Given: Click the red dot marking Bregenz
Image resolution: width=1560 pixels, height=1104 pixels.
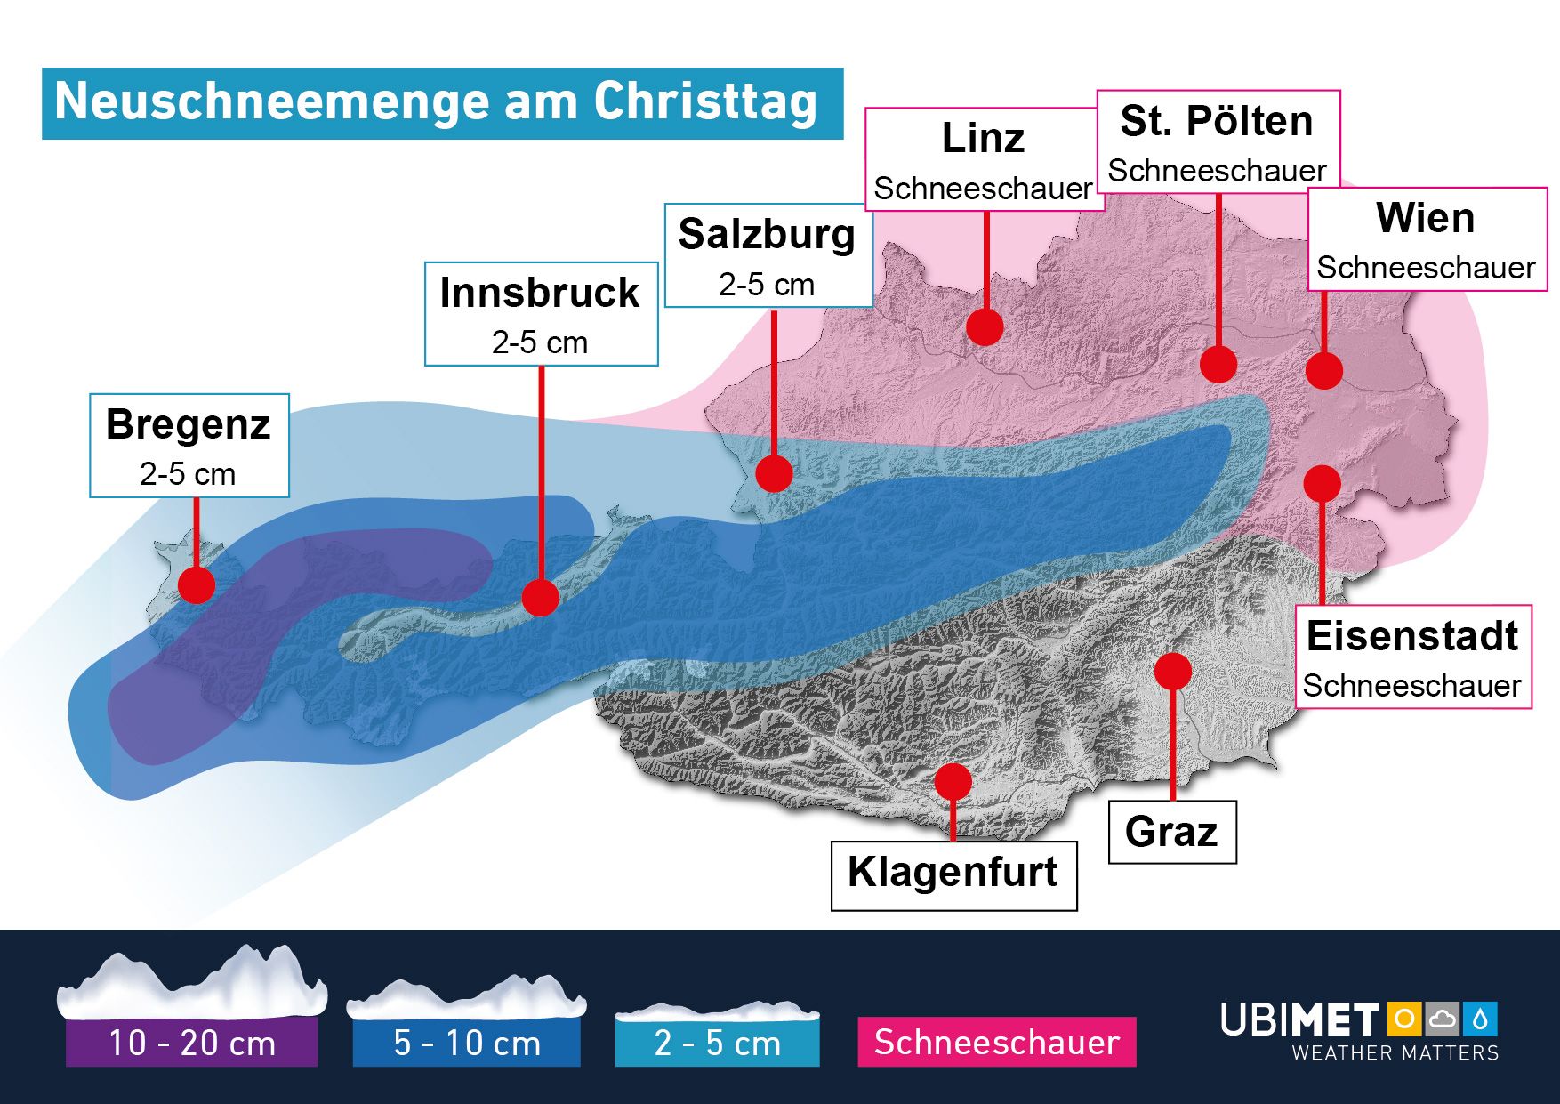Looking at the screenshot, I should pyautogui.click(x=197, y=584).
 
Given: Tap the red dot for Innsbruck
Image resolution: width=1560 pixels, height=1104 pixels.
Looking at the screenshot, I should pyautogui.click(x=540, y=597).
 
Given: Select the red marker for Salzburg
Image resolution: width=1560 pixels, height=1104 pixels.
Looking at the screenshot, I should pyautogui.click(x=774, y=473).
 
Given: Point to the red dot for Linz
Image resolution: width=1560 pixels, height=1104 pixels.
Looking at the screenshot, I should pyautogui.click(x=985, y=327).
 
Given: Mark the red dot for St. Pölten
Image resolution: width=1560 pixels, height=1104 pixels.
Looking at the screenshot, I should pyautogui.click(x=1218, y=364).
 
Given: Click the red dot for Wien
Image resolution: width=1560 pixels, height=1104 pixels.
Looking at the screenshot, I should pyautogui.click(x=1324, y=370).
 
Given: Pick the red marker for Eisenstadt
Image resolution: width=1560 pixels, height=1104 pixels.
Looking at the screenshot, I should pyautogui.click(x=1323, y=483).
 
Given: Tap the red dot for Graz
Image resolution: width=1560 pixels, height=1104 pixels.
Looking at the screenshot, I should pyautogui.click(x=1173, y=671).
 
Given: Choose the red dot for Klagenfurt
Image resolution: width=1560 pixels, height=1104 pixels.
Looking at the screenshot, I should pyautogui.click(x=953, y=781).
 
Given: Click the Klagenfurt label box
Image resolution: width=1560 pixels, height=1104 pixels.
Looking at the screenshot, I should pyautogui.click(x=953, y=875).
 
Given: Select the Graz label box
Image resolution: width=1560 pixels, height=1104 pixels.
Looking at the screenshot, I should pyautogui.click(x=1172, y=832).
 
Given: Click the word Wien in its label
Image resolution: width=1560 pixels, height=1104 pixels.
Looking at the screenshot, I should pyautogui.click(x=1425, y=218).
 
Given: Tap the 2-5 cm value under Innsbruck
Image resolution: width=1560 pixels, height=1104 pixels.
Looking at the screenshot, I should pyautogui.click(x=540, y=342).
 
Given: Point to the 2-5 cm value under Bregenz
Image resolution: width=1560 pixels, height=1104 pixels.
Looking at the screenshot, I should pyautogui.click(x=188, y=474).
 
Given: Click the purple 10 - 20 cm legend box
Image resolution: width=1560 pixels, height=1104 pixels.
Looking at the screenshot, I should pyautogui.click(x=192, y=1043).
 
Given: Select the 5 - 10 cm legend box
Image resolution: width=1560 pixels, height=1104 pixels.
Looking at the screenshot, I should pyautogui.click(x=467, y=1043).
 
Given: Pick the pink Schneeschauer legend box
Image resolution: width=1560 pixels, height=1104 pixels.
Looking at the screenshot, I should pyautogui.click(x=997, y=1042).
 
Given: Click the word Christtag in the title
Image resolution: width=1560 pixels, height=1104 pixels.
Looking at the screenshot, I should pyautogui.click(x=705, y=101).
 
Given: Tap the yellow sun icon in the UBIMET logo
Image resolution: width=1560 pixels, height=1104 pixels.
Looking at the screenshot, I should pyautogui.click(x=1404, y=1019).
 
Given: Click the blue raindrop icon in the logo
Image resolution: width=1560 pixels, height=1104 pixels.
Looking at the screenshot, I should pyautogui.click(x=1482, y=1019).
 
